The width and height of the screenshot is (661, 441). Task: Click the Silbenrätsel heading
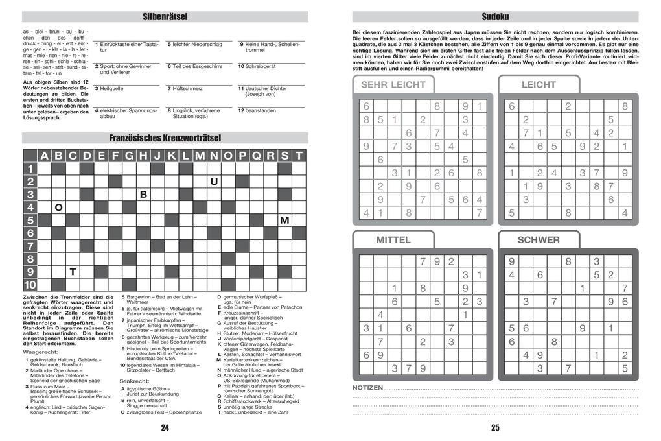165,17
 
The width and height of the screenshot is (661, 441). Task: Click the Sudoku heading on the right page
495,17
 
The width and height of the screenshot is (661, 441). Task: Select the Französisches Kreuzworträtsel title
165,138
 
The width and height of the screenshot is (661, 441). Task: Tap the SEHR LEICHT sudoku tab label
393,84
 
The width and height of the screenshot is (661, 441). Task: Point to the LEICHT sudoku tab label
538,84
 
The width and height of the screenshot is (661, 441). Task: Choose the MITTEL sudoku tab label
393,240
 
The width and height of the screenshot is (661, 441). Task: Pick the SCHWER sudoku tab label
538,240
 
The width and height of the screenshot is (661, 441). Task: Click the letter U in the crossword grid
214,182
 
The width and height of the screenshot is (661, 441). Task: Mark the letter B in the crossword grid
143,195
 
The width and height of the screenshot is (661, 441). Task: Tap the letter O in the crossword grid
58,208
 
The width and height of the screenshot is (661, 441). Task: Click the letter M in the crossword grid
284,220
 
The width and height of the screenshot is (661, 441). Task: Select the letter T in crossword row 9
73,272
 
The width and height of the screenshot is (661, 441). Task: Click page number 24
165,427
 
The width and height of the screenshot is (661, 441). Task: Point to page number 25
495,427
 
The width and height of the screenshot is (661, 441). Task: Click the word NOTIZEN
367,388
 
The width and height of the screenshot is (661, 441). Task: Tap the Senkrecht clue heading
134,380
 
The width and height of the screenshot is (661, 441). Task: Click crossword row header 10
30,285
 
